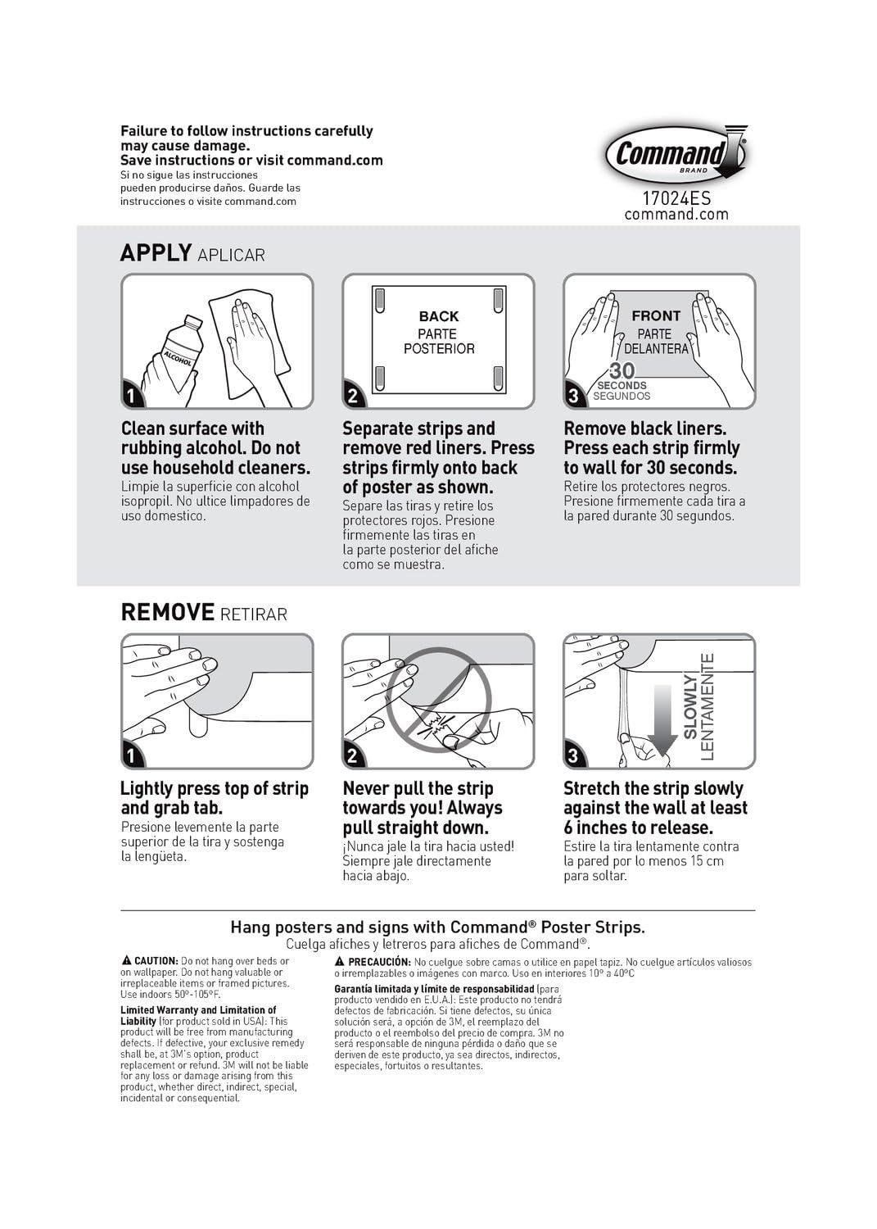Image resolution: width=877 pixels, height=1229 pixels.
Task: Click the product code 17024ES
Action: [x=676, y=198]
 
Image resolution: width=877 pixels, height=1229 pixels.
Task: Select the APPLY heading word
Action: [x=156, y=252]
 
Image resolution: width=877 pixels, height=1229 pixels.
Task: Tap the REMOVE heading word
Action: [x=167, y=612]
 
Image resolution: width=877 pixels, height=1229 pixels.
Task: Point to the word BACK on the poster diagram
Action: [x=439, y=316]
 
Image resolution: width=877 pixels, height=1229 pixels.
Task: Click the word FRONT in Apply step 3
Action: [x=656, y=315]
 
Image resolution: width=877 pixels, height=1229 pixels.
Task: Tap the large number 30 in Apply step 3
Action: [x=622, y=371]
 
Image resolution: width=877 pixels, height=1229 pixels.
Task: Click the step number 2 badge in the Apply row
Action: [x=353, y=397]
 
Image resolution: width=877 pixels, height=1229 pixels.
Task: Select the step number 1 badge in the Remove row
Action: [x=132, y=755]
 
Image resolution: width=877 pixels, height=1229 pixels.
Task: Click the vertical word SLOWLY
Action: [x=690, y=705]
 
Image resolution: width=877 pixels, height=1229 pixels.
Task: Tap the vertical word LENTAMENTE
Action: [x=708, y=705]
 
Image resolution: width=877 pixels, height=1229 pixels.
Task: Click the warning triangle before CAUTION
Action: [x=126, y=960]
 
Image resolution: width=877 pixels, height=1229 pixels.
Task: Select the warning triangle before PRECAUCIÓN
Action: [x=340, y=961]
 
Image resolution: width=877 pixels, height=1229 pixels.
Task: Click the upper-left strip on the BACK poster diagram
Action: [x=378, y=299]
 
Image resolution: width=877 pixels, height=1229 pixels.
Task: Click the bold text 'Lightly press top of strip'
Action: [x=215, y=788]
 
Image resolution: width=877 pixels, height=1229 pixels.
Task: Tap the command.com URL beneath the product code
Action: [x=676, y=215]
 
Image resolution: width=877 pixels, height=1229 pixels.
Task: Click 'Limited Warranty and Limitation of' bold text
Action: [x=198, y=1010]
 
